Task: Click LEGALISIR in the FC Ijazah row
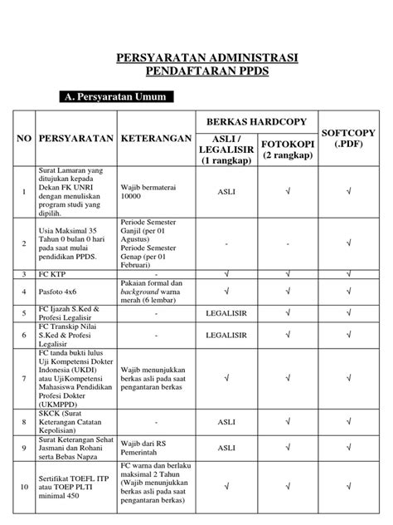[226, 313]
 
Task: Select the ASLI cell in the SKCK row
[226, 421]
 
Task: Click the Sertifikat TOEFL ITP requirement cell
[73, 486]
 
